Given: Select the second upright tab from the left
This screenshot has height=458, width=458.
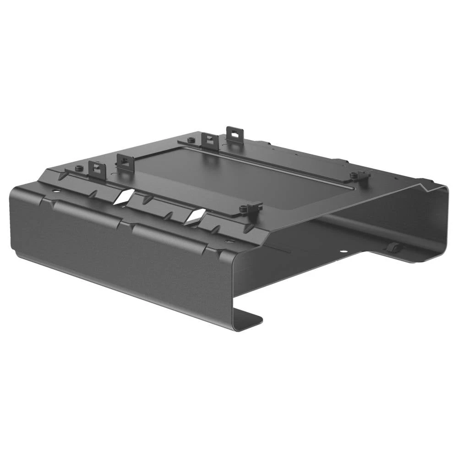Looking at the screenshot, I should pyautogui.click(x=125, y=163).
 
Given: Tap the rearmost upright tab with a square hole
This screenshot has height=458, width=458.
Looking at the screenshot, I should pyautogui.click(x=234, y=135).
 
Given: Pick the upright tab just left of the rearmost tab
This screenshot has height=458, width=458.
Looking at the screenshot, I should pyautogui.click(x=209, y=140).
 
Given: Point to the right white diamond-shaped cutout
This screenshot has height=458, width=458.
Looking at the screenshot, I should pyautogui.click(x=195, y=216).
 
